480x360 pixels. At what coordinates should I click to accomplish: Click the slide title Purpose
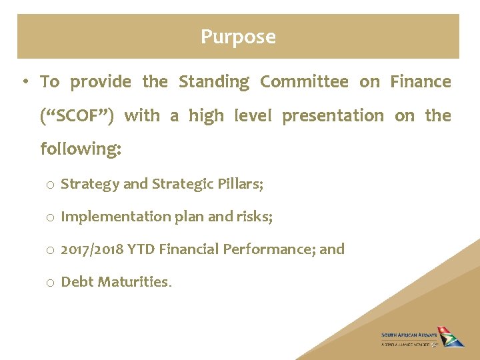pos(238,37)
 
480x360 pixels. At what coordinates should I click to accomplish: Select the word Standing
pos(213,82)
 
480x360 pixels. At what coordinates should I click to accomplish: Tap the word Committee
pos(304,82)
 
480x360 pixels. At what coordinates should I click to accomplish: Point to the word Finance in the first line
pos(421,82)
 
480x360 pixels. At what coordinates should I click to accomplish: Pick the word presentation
pos(333,116)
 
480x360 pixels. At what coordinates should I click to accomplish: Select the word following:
pos(81,149)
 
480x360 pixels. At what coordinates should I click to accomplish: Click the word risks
pos(254,217)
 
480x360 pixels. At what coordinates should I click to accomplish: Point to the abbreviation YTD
pos(140,249)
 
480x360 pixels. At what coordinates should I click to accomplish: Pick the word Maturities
pos(134,282)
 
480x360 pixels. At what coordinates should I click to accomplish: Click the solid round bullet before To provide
pos(23,83)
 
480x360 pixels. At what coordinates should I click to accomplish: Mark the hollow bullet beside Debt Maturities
pos(51,283)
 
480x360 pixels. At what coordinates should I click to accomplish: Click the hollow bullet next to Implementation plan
pos(51,217)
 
